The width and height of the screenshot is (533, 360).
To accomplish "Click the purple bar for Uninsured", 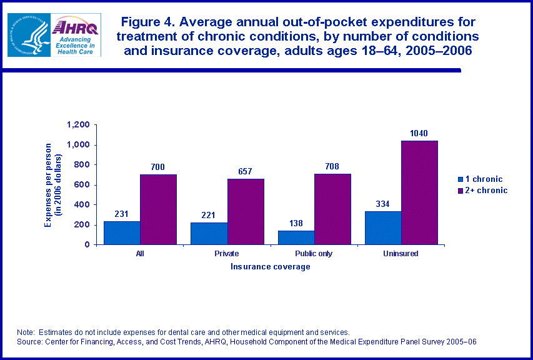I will coord(419,192).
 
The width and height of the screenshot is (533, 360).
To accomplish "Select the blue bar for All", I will coord(122,232).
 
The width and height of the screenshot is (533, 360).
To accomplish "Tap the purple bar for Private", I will coord(246,211).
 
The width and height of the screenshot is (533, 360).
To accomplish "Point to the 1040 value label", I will coord(419,133).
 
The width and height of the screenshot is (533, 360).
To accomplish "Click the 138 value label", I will coord(296,223).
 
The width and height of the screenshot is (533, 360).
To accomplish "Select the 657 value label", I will coord(245,171).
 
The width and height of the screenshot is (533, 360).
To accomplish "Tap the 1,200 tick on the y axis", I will coord(78,125).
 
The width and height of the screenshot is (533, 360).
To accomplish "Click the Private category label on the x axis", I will coord(226,254).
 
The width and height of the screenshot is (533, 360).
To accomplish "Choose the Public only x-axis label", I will coord(314,254).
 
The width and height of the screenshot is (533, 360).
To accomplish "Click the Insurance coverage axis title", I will coord(270,267).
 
